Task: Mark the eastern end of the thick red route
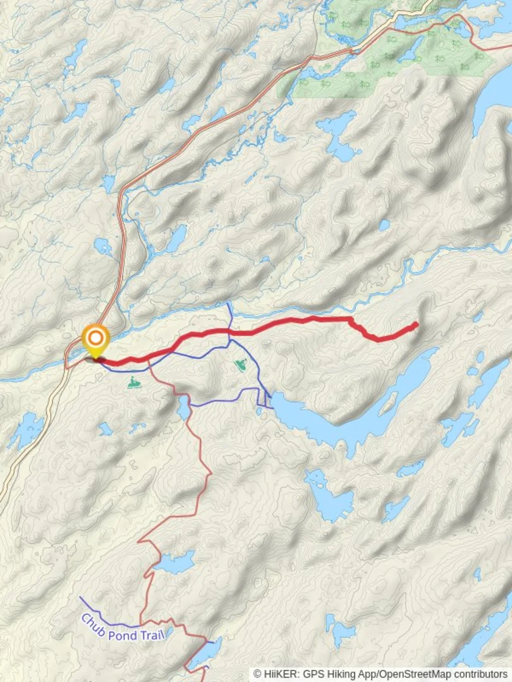coord(416,325)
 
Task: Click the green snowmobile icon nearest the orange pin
coord(134,382)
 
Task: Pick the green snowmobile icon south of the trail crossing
coord(241,364)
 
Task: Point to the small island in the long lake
coord(387,402)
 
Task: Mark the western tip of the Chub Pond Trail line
coord(80,597)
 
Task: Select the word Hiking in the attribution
coord(337,674)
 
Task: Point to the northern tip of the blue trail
coord(229,304)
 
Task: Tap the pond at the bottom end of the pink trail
coord(209,650)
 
